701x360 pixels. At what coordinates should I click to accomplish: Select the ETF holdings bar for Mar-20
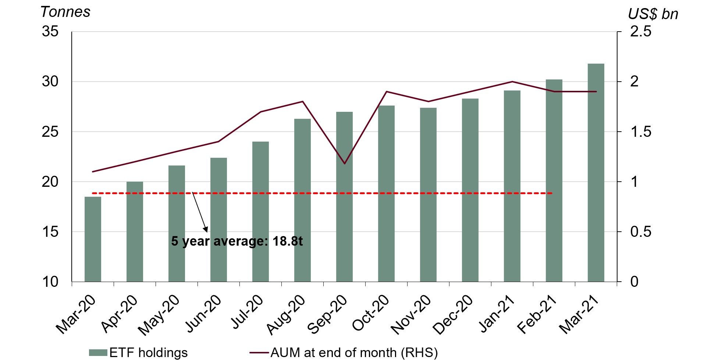[x=93, y=239]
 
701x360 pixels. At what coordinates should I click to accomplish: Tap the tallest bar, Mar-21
[x=596, y=173]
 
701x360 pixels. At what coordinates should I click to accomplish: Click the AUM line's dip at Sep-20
[x=344, y=163]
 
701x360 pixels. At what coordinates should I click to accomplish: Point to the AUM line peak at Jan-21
[x=512, y=82]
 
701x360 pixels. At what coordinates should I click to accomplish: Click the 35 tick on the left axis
[x=50, y=32]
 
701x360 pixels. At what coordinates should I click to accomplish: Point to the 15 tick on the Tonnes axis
[x=50, y=232]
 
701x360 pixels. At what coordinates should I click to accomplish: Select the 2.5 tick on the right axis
[x=640, y=32]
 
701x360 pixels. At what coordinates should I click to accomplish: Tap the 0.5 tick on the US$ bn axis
[x=640, y=232]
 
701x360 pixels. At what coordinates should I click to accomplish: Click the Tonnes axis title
[x=65, y=12]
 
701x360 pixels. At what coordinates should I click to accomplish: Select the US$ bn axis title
[x=653, y=14]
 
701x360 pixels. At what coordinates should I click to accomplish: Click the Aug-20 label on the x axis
[x=286, y=315]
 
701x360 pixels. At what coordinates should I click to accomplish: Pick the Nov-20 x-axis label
[x=411, y=315]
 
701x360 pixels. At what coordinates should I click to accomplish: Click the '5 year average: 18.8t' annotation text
[x=237, y=241]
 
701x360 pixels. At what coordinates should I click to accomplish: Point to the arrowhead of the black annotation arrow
[x=206, y=230]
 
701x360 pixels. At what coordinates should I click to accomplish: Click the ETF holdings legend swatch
[x=98, y=353]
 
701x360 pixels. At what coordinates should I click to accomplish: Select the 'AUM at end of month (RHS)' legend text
[x=354, y=353]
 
